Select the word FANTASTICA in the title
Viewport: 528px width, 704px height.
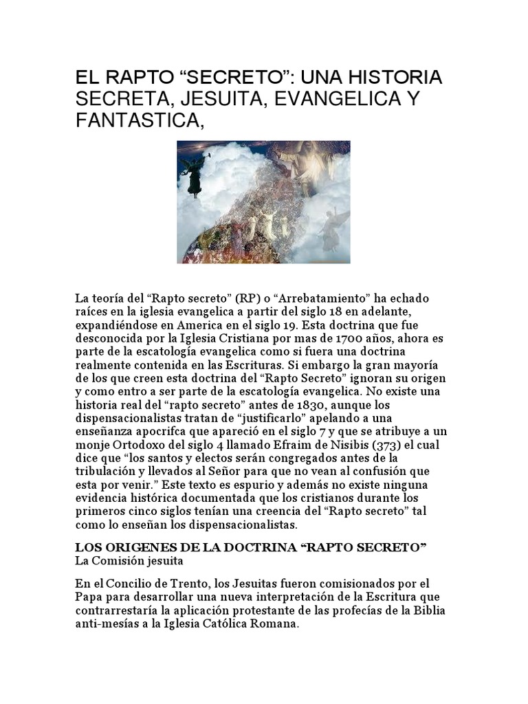(x=137, y=123)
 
